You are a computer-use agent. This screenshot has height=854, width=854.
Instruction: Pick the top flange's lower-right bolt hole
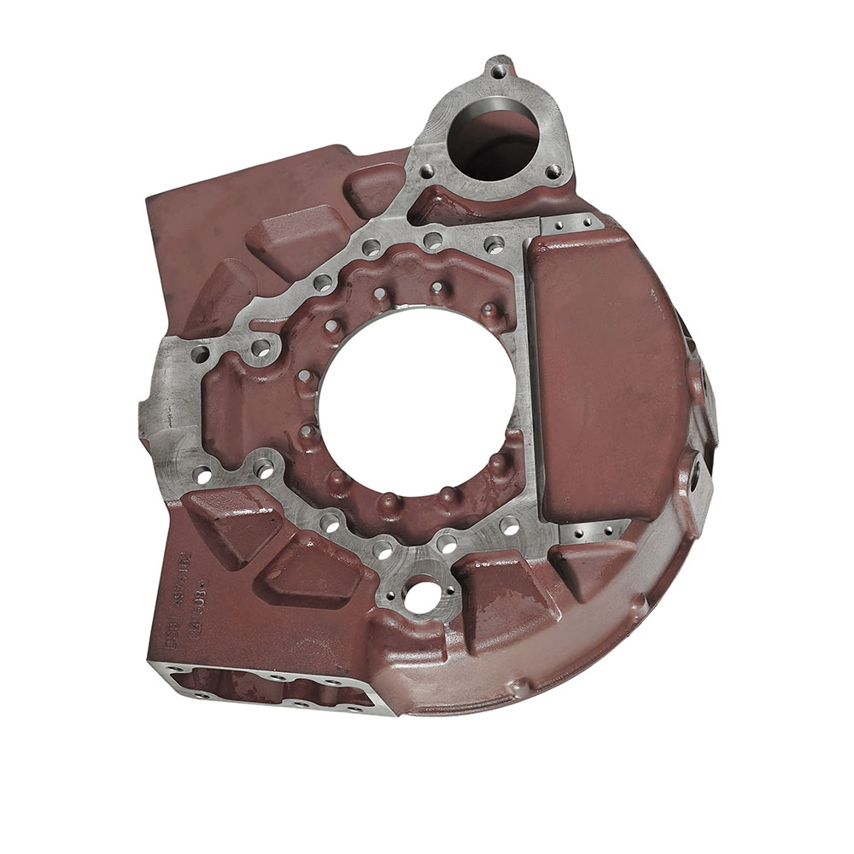tap(553, 170)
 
